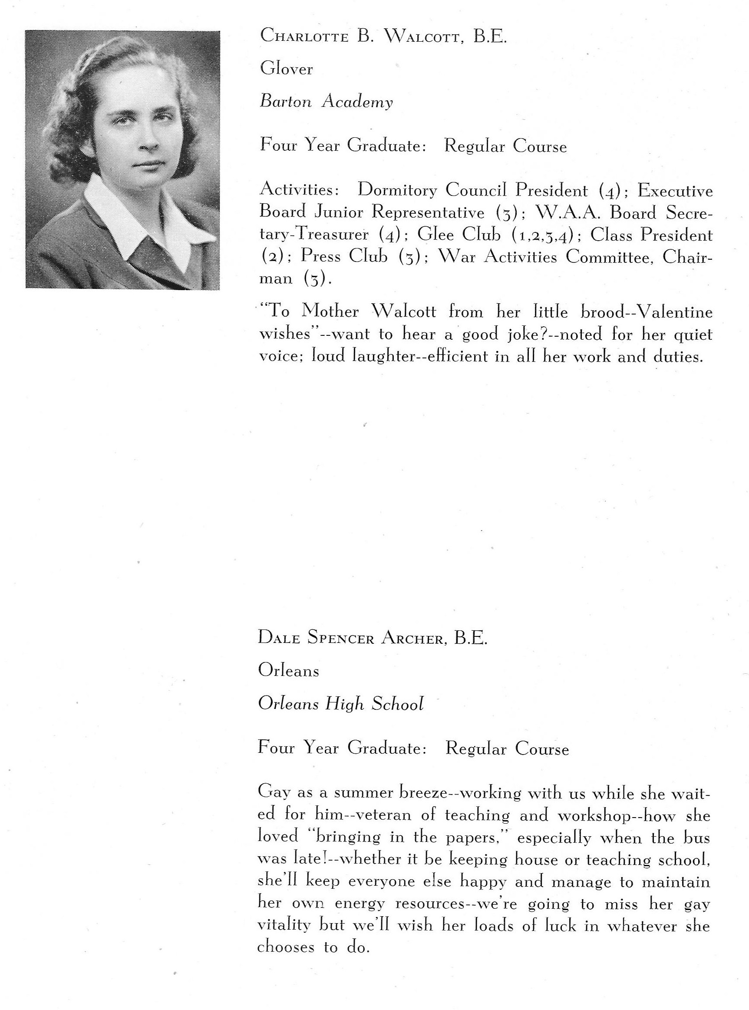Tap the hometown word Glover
click(x=286, y=69)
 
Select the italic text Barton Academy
click(x=326, y=102)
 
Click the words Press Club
click(x=344, y=256)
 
